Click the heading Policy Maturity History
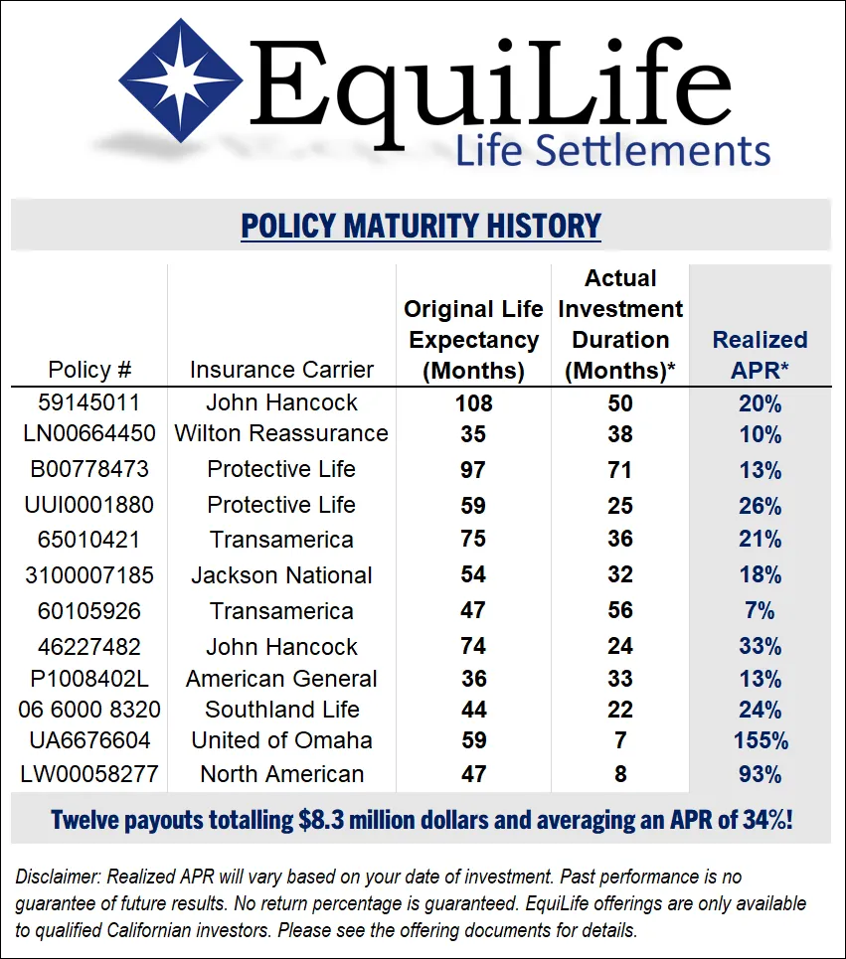click(421, 226)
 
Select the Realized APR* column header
click(760, 355)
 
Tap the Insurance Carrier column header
click(281, 370)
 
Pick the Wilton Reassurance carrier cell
click(281, 433)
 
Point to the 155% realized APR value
click(760, 740)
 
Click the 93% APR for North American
click(760, 773)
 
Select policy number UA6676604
click(89, 740)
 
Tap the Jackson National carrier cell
click(281, 575)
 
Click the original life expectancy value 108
click(473, 402)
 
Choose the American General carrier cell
click(281, 679)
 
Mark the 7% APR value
click(760, 610)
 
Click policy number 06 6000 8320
click(89, 710)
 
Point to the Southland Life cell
click(281, 710)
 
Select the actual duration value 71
click(620, 469)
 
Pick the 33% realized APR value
click(760, 647)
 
